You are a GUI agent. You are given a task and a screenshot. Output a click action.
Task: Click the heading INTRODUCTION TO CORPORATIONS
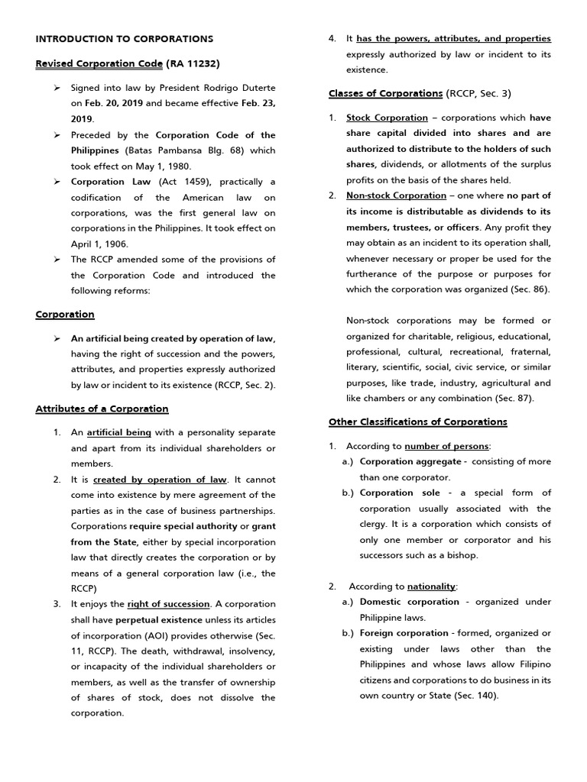(x=125, y=39)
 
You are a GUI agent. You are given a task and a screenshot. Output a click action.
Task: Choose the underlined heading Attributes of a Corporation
(x=102, y=409)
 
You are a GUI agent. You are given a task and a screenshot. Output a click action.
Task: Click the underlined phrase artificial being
(x=118, y=432)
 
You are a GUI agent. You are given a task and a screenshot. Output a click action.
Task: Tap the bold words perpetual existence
(x=159, y=619)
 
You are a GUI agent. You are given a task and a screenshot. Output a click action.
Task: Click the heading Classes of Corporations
(x=385, y=93)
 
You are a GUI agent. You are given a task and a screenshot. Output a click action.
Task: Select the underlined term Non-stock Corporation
(x=396, y=195)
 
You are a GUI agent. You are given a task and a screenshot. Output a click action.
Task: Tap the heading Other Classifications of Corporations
(x=417, y=422)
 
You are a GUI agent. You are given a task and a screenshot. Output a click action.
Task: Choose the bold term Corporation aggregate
(x=410, y=461)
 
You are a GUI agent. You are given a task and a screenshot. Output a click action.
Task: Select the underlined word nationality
(x=431, y=586)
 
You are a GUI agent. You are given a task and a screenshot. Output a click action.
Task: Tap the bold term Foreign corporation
(x=404, y=633)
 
